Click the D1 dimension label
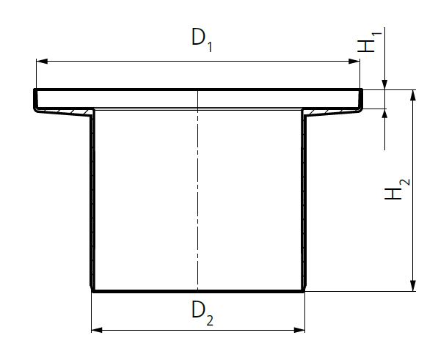click(202, 40)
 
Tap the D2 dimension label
click(202, 313)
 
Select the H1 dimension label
click(369, 43)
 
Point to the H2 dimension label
click(397, 189)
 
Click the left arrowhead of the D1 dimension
click(42, 61)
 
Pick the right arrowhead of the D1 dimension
click(354, 61)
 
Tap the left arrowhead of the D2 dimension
click(97, 330)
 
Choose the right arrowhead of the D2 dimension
click(299, 330)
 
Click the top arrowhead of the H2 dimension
click(413, 95)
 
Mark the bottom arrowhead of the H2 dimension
click(413, 286)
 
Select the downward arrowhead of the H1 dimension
click(384, 84)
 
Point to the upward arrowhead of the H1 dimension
click(384, 114)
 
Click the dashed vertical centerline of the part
click(198, 190)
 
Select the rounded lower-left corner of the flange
click(36, 110)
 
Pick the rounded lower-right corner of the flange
click(360, 110)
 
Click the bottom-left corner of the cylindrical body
click(92, 291)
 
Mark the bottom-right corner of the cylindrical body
click(304, 291)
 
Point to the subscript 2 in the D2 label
click(210, 320)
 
